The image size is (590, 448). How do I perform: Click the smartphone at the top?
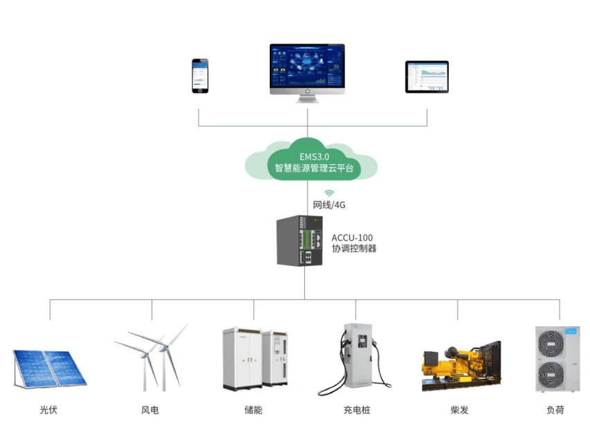pyautogui.click(x=200, y=76)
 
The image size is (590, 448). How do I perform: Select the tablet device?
pyautogui.click(x=427, y=77)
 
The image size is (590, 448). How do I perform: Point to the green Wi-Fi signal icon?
pyautogui.click(x=329, y=193)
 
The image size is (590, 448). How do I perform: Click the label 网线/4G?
pyautogui.click(x=329, y=205)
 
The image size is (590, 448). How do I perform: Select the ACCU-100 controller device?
pyautogui.click(x=301, y=241)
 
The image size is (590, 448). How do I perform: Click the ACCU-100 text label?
pyautogui.click(x=352, y=237)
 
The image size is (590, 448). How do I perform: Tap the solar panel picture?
pyautogui.click(x=49, y=368)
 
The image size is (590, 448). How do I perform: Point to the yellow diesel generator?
pyautogui.click(x=461, y=364)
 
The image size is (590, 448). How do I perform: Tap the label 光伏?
pyautogui.click(x=48, y=410)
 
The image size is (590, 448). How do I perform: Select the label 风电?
pyautogui.click(x=150, y=410)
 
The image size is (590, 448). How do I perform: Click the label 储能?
pyautogui.click(x=254, y=410)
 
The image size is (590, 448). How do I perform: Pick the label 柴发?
pyautogui.click(x=459, y=410)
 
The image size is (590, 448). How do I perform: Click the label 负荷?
pyautogui.click(x=555, y=410)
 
